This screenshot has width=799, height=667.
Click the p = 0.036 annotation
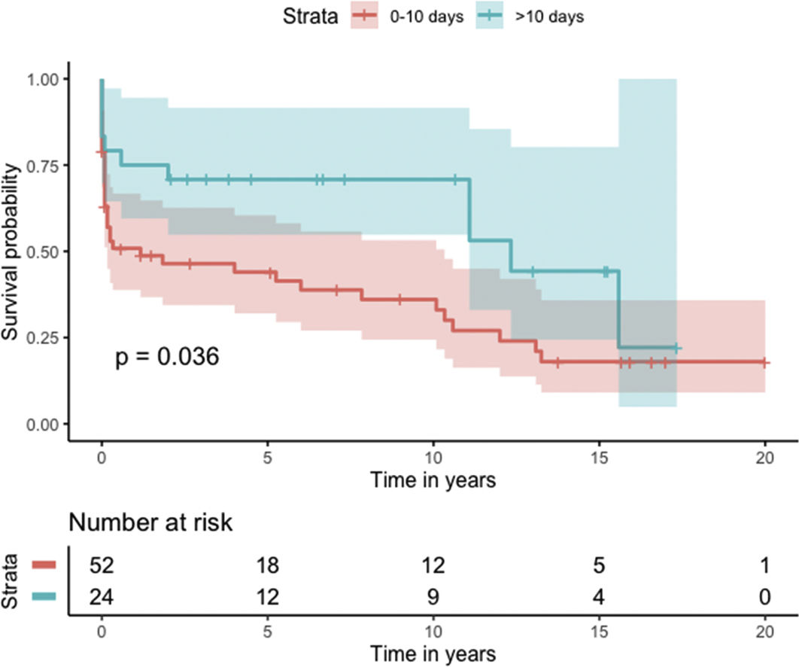(167, 357)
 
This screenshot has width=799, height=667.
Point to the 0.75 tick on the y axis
(47, 165)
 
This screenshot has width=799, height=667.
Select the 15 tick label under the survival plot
(599, 458)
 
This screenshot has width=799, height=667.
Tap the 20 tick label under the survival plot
(765, 458)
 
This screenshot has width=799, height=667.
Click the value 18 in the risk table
(267, 563)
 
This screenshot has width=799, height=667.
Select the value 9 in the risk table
(433, 597)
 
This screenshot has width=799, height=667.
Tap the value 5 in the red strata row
(599, 563)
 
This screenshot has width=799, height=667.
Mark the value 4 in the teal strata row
(599, 597)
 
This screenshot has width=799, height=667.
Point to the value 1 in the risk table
(765, 563)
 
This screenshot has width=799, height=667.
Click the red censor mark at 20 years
(765, 362)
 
